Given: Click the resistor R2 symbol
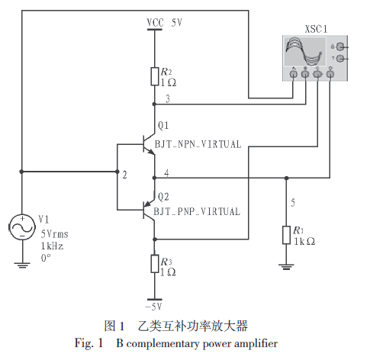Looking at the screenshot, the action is pyautogui.click(x=155, y=76).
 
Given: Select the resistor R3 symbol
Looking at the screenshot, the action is pyautogui.click(x=155, y=264).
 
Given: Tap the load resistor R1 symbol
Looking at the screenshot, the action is pyautogui.click(x=286, y=235).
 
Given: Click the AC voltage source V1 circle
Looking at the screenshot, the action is pyautogui.click(x=22, y=227).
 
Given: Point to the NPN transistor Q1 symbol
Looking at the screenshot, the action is pyautogui.click(x=149, y=143).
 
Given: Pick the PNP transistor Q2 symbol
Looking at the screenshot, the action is pyautogui.click(x=149, y=210).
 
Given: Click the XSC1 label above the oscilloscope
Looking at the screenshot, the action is pyautogui.click(x=316, y=29).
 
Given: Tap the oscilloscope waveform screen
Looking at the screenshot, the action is pyautogui.click(x=304, y=51).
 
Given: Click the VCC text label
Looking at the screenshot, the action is pyautogui.click(x=155, y=23).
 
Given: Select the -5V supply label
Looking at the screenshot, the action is pyautogui.click(x=153, y=307).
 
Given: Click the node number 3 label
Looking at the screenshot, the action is pyautogui.click(x=168, y=98).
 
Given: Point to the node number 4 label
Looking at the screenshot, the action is pyautogui.click(x=166, y=173).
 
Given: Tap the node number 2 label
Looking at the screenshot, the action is pyautogui.click(x=124, y=175).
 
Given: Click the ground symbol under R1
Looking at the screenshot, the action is pyautogui.click(x=286, y=267).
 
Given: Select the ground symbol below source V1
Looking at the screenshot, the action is pyautogui.click(x=22, y=265).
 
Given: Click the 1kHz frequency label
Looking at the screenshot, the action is pyautogui.click(x=52, y=246).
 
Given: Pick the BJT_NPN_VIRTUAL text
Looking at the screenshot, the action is pyautogui.click(x=198, y=144).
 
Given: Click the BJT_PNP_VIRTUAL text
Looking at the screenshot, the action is pyautogui.click(x=197, y=211).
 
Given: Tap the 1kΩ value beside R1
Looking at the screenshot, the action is pyautogui.click(x=304, y=241).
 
